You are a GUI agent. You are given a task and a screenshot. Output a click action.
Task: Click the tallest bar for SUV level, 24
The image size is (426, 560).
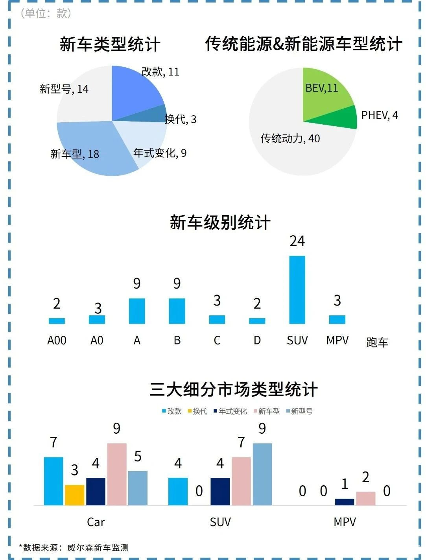(x=297, y=290)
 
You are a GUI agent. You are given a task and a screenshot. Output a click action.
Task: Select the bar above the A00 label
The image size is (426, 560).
(x=57, y=321)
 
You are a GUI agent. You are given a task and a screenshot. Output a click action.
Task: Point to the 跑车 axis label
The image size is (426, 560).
(x=377, y=342)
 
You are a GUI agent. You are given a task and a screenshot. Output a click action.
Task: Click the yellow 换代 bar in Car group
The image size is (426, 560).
(x=75, y=495)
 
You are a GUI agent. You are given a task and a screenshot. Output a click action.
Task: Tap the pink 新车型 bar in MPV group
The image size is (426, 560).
(x=365, y=498)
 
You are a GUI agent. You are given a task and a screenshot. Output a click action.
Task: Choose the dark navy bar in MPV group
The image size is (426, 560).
(x=345, y=502)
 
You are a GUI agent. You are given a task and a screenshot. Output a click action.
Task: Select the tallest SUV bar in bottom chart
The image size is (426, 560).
(x=262, y=474)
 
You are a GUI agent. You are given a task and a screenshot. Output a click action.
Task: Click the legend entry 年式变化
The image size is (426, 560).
(x=231, y=411)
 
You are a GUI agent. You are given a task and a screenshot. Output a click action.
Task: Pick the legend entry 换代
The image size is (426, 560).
(x=197, y=411)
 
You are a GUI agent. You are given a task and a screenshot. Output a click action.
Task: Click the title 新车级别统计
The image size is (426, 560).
(x=220, y=223)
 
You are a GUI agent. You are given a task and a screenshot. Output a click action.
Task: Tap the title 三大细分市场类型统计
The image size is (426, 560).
(x=234, y=389)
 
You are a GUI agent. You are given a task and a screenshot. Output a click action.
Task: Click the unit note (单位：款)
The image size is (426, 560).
(x=46, y=13)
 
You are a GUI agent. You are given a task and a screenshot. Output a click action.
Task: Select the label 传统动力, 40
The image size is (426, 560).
(x=290, y=138)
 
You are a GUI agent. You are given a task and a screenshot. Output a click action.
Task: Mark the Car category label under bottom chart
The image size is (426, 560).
(x=96, y=522)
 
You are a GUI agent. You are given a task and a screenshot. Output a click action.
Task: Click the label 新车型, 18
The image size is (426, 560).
(x=75, y=154)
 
